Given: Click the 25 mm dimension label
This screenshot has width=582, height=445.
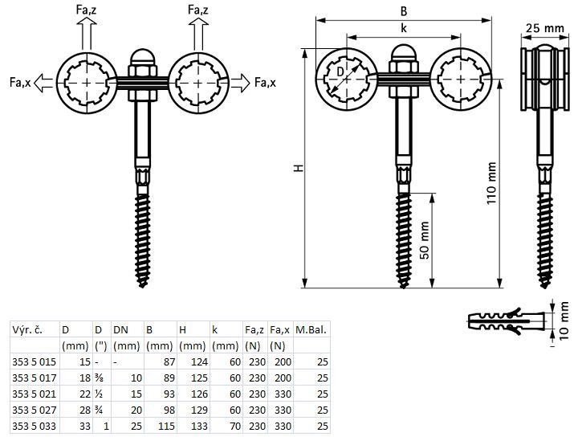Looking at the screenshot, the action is (544, 28).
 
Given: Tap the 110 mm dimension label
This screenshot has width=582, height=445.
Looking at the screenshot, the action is (491, 183).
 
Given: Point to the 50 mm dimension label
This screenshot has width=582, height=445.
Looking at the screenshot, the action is (424, 240).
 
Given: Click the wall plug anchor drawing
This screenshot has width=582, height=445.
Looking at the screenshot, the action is (507, 320).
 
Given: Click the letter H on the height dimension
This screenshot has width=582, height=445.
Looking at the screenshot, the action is (299, 168).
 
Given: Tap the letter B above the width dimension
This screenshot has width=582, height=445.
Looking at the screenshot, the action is (404, 11).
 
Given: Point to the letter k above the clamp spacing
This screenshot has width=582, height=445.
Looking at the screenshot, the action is (404, 28).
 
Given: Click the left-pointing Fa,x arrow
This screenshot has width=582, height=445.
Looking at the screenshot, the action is (43, 83).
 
